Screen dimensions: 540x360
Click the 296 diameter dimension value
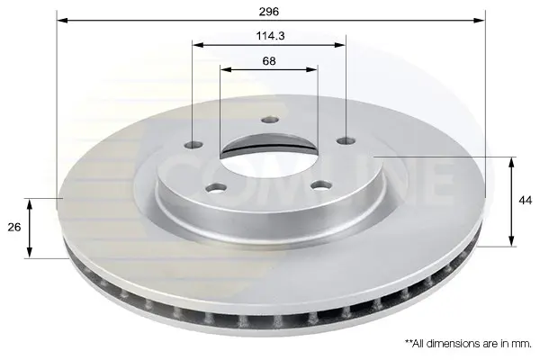coord(269,12)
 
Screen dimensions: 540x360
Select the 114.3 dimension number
coord(270,36)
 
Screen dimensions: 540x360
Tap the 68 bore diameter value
coord(269,61)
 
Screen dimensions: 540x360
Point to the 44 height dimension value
coord(526,200)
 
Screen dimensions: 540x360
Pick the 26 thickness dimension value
coord(14,228)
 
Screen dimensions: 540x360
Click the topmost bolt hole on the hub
coord(270,120)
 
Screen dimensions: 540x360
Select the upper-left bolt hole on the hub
coord(193,145)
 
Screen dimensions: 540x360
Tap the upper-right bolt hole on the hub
coord(346,140)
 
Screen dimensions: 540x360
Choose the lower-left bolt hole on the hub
coord(216,188)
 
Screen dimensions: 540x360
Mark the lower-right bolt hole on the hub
coord(321,185)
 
